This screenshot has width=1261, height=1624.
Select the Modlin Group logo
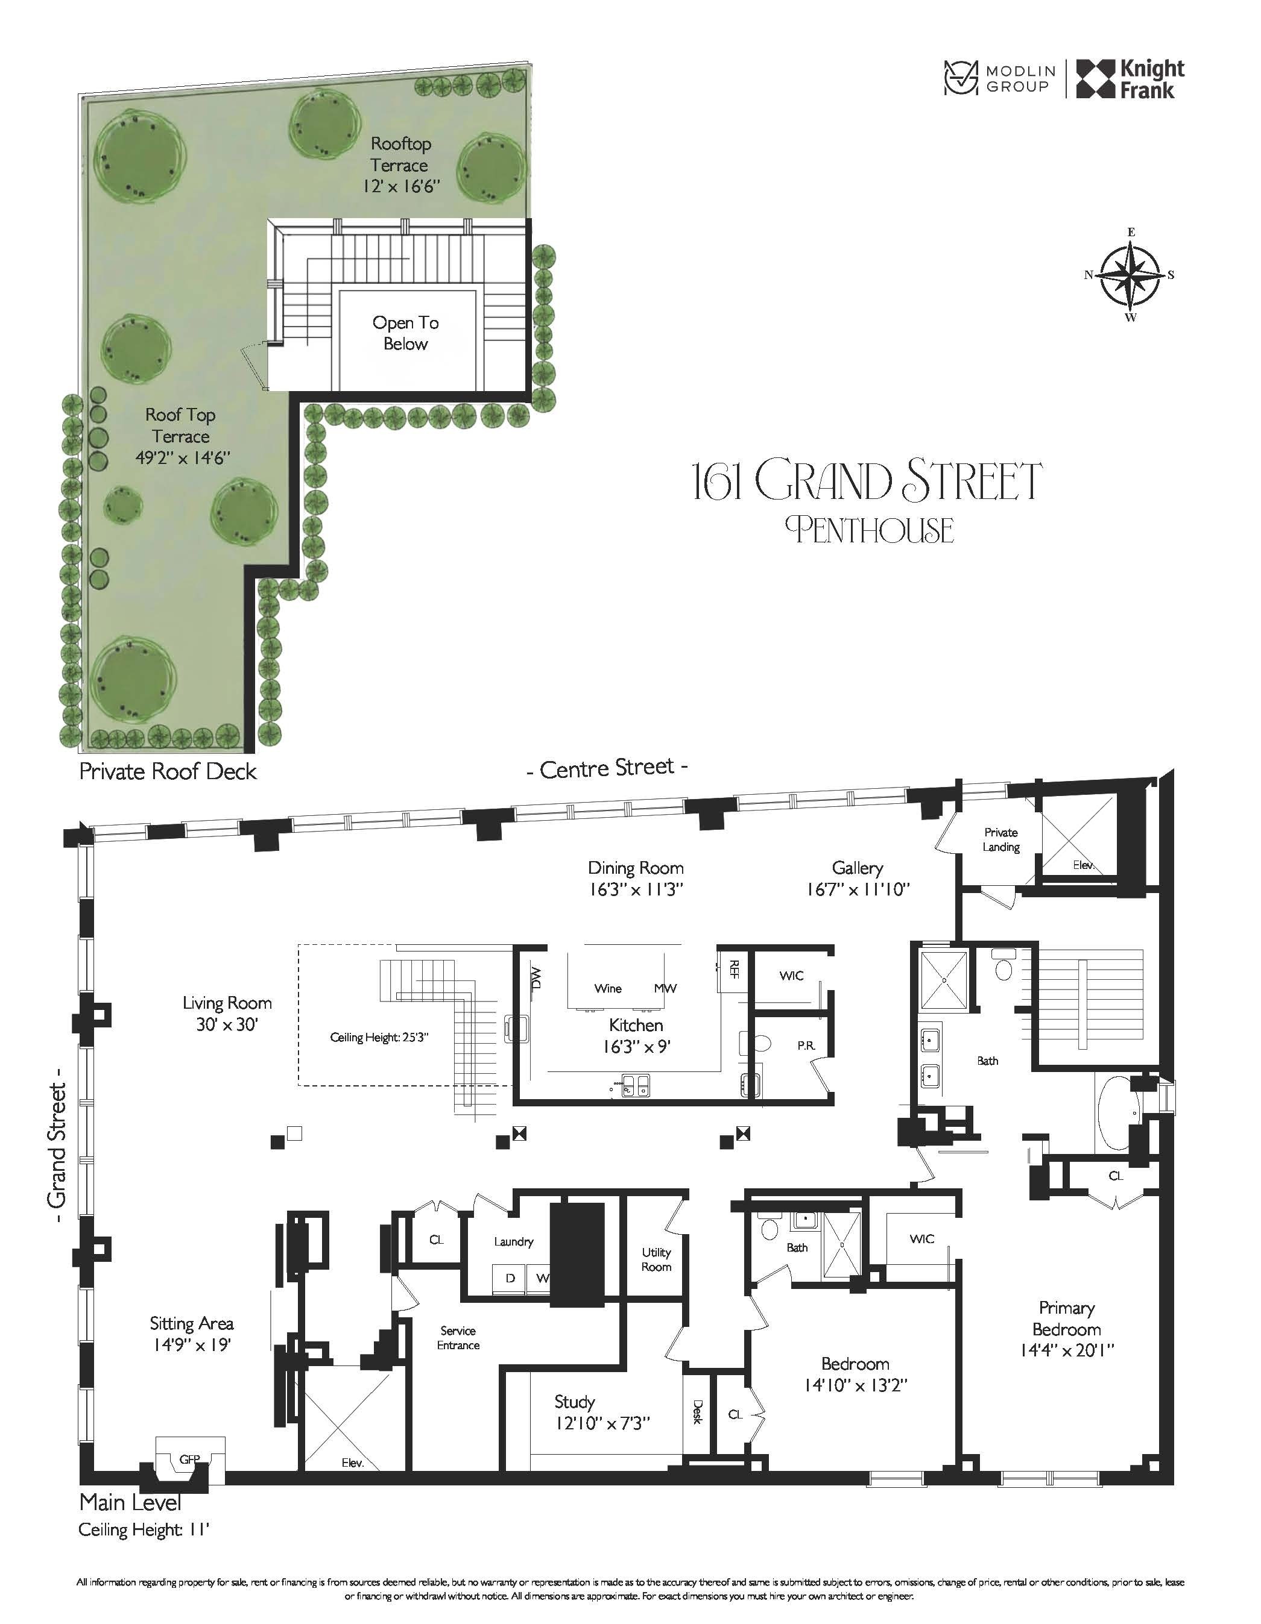click(999, 79)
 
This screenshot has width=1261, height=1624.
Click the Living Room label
click(227, 1003)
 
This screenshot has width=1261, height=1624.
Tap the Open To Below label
click(405, 333)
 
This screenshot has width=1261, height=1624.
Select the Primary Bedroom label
click(1066, 1318)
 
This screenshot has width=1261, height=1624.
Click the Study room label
click(574, 1402)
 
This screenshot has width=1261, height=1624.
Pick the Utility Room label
click(656, 1259)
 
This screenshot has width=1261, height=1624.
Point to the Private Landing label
click(1000, 839)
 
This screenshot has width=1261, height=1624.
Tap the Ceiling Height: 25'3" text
click(379, 1037)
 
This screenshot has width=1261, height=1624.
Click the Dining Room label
click(636, 868)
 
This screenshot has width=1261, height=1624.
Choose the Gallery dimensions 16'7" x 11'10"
click(858, 889)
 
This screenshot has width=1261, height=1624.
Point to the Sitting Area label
click(191, 1323)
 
